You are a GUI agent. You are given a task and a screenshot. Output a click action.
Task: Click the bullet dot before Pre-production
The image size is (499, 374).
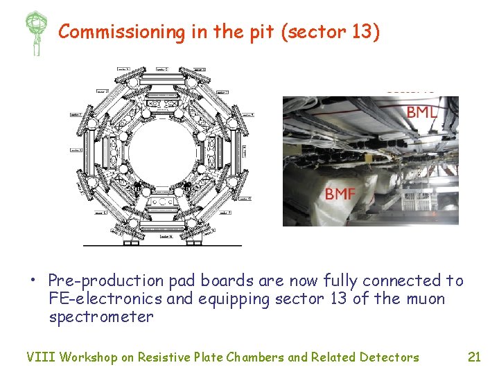tap(32, 281)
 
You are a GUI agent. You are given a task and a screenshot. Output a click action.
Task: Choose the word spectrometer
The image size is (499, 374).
tap(100, 317)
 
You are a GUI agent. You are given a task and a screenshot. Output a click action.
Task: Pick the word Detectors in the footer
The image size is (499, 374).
tap(389, 357)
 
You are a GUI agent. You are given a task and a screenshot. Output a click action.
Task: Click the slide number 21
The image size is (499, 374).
tap(474, 357)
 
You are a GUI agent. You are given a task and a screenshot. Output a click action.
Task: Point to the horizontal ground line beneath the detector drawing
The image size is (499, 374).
tap(162, 245)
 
